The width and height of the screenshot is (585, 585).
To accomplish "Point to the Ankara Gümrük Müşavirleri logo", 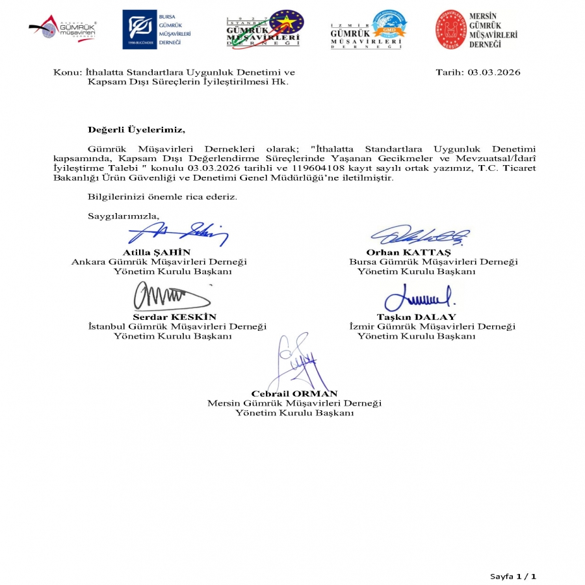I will coord(63,29).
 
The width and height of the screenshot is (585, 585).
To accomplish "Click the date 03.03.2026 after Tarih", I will coord(493,72).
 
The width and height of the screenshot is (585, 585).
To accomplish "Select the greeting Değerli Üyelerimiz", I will coord(136,129).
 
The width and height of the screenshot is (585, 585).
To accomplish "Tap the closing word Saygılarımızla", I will coord(123,215).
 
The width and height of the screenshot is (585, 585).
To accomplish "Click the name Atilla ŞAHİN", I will coord(157,252).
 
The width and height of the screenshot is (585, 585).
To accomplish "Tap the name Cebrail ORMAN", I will coord(294,393).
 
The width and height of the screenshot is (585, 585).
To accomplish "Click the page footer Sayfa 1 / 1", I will coord(513,576).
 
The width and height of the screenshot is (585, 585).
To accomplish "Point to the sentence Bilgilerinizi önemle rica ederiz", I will coord(162,196).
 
